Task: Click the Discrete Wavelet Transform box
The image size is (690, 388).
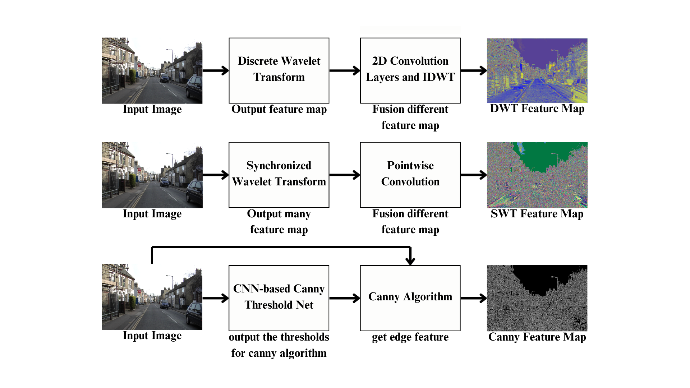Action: tap(279, 70)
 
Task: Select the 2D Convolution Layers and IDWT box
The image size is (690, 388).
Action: tap(410, 70)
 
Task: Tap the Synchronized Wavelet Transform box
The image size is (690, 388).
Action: tap(279, 175)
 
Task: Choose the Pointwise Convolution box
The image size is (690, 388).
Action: tap(410, 175)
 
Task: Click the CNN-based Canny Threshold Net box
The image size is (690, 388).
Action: tap(279, 298)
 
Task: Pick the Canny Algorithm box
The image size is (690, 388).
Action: tap(410, 298)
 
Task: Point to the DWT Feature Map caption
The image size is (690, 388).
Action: tap(537, 108)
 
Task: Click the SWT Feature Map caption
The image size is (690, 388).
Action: tap(537, 214)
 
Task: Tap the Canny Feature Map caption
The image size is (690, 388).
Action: tap(537, 337)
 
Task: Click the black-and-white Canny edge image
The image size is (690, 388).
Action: tap(537, 298)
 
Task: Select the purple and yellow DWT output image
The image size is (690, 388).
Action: tap(537, 70)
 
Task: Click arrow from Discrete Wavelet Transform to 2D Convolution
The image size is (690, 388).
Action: tap(344, 70)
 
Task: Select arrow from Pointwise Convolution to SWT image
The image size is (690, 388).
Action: tap(473, 175)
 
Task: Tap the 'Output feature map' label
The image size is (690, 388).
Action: tap(279, 109)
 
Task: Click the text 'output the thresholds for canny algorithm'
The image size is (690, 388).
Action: tap(279, 345)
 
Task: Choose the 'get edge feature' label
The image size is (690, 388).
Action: tap(410, 337)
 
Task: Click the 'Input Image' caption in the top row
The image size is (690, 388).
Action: tap(152, 109)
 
